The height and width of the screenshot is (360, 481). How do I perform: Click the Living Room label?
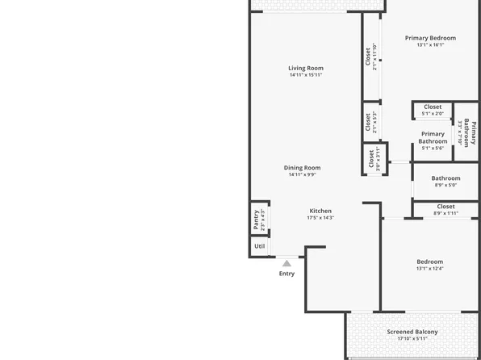(x=306, y=68)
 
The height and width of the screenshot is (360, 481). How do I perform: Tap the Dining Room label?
(x=302, y=168)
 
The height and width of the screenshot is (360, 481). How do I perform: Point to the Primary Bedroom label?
(x=430, y=38)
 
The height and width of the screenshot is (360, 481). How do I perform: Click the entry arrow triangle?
(x=287, y=262)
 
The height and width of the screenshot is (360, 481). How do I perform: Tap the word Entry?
(x=287, y=274)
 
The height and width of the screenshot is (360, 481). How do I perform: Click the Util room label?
(x=259, y=246)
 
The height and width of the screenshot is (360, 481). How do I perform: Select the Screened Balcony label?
(x=412, y=333)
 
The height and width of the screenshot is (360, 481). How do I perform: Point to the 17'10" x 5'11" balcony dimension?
(x=412, y=340)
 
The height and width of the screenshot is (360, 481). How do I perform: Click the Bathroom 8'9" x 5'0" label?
(x=445, y=178)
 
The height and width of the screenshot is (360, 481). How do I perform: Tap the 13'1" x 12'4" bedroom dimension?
(x=429, y=269)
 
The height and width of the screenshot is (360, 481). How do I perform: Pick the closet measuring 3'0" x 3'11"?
(x=374, y=159)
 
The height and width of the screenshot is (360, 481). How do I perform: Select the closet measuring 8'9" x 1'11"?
(x=445, y=210)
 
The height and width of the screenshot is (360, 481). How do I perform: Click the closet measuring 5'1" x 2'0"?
(x=433, y=110)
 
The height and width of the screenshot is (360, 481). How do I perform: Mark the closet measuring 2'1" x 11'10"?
(x=371, y=58)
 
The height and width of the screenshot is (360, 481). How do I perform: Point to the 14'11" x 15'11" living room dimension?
(x=306, y=75)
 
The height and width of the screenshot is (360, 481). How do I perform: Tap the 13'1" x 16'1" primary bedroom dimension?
(x=430, y=45)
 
